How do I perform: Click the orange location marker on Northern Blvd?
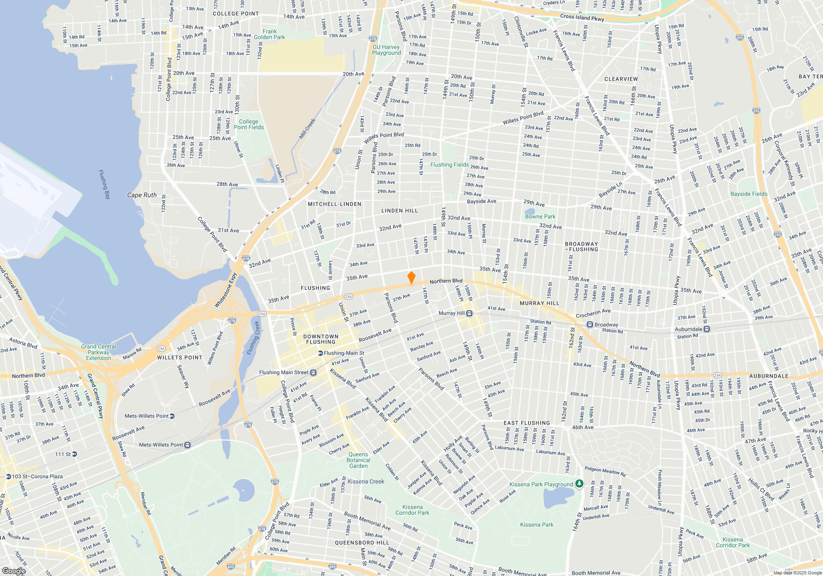click(411, 277)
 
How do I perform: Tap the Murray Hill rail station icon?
click(469, 313)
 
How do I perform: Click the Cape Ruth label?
click(142, 195)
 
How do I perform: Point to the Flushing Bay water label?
click(105, 184)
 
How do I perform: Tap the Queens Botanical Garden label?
click(358, 460)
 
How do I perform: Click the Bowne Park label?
click(540, 216)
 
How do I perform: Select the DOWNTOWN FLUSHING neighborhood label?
click(321, 339)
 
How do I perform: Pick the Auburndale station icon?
click(707, 329)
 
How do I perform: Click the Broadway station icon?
click(590, 324)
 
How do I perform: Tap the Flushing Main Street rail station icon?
click(313, 372)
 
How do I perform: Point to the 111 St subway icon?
click(74, 454)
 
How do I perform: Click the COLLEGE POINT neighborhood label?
click(236, 14)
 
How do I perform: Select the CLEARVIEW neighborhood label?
click(621, 79)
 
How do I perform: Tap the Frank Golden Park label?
click(270, 34)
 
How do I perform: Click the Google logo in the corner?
click(14, 571)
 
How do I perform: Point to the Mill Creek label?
click(307, 129)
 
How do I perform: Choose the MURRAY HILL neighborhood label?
click(539, 303)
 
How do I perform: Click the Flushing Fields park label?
click(449, 165)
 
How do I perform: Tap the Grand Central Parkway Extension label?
click(99, 352)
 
